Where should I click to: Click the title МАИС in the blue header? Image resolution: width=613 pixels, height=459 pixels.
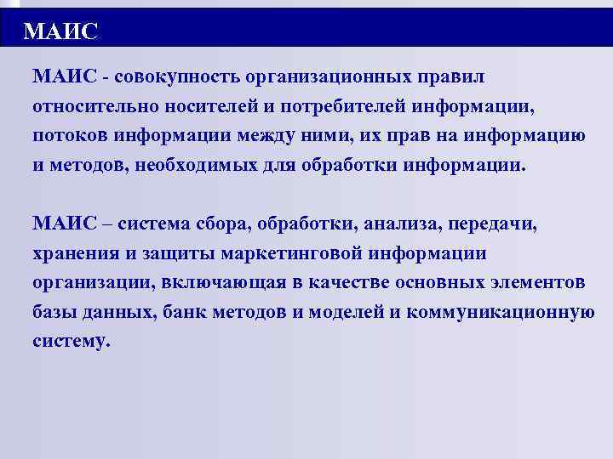point(61,31)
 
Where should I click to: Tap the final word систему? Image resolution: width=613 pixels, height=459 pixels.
point(72,340)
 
